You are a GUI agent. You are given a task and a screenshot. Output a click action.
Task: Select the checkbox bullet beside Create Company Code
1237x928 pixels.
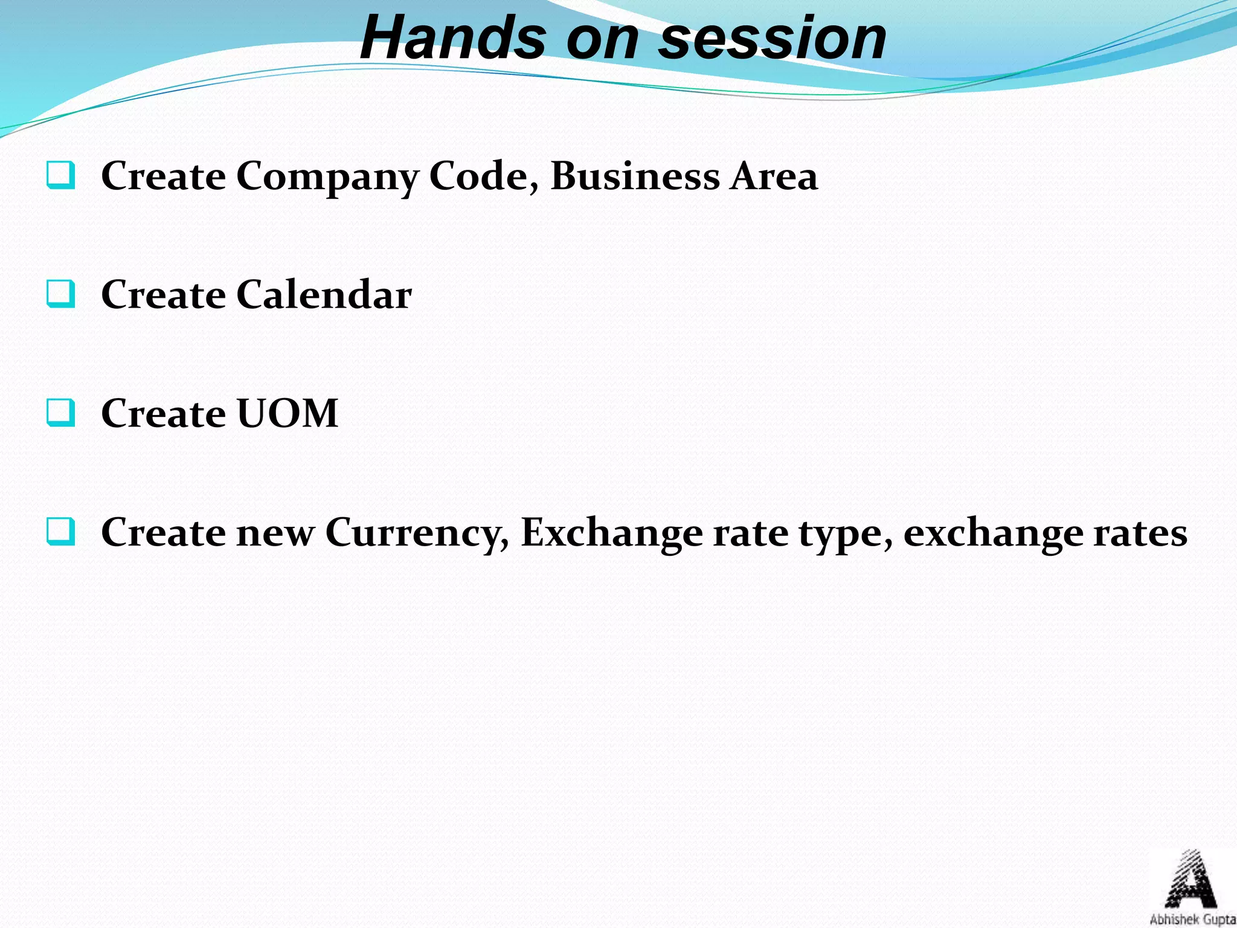[61, 175]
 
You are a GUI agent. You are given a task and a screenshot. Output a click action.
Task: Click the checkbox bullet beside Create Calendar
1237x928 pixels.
[61, 294]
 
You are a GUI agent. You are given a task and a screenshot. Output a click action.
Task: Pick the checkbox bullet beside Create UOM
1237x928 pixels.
[61, 413]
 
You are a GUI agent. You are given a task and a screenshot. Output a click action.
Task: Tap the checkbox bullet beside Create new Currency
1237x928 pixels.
[61, 532]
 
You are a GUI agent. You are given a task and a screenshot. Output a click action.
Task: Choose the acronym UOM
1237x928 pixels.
[287, 414]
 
